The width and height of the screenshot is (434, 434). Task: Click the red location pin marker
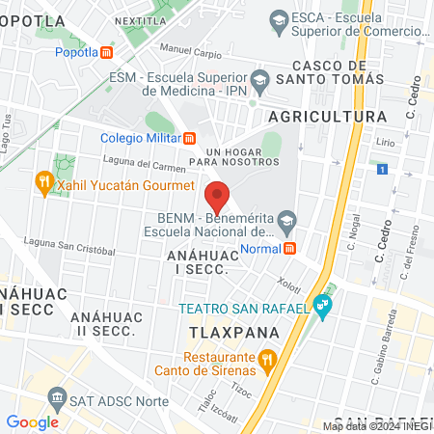217,198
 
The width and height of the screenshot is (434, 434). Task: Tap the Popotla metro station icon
107,52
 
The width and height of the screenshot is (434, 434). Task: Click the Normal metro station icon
289,249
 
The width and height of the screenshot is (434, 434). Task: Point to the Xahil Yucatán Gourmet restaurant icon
43,181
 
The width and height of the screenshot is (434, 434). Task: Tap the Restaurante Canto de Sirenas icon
268,360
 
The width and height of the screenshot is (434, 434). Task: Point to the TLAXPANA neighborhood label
233,332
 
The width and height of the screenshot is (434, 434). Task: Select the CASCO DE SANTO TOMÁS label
331,79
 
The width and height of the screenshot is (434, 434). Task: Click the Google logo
32,421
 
